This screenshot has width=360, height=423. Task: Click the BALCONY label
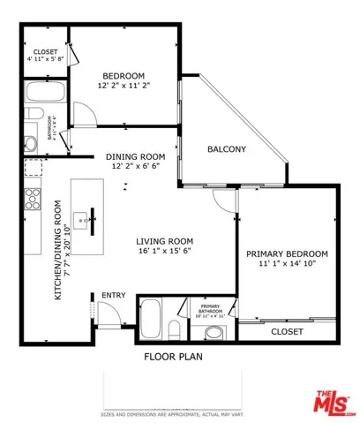tap(226, 149)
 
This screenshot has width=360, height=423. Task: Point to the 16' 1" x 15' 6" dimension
tap(164, 253)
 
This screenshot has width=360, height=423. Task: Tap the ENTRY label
tap(113, 295)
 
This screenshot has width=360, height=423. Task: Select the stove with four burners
tap(34, 196)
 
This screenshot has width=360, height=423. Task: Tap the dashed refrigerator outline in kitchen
tap(34, 168)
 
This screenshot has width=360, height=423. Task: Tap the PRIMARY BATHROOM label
tap(208, 309)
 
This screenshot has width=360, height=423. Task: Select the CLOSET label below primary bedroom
tap(287, 331)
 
